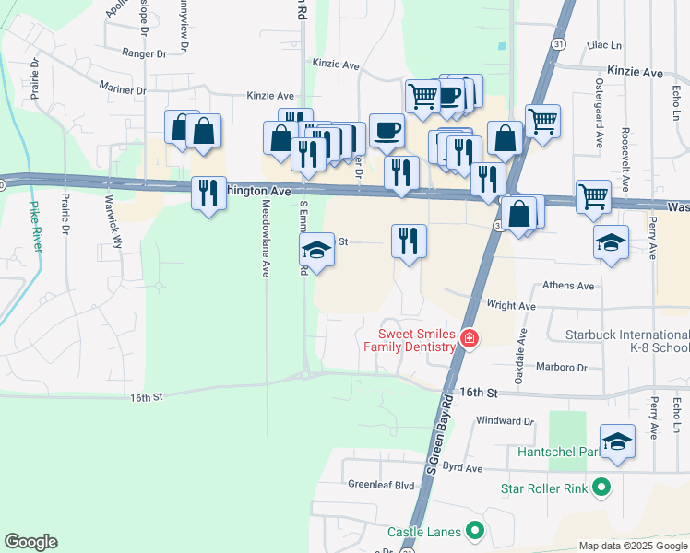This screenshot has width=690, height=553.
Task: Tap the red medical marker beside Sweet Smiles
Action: click(470, 339)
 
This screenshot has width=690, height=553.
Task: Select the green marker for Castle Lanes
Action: click(475, 530)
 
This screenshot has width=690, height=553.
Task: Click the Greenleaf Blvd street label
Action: click(381, 484)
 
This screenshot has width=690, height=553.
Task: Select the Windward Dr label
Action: click(506, 420)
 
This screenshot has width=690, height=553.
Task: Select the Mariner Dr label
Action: click(122, 89)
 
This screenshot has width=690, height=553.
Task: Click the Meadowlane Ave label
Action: click(265, 240)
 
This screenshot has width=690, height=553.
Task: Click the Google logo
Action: click(31, 542)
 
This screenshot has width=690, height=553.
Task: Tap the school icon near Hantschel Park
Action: click(617, 441)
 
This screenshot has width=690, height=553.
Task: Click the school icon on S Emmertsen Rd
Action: click(316, 251)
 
